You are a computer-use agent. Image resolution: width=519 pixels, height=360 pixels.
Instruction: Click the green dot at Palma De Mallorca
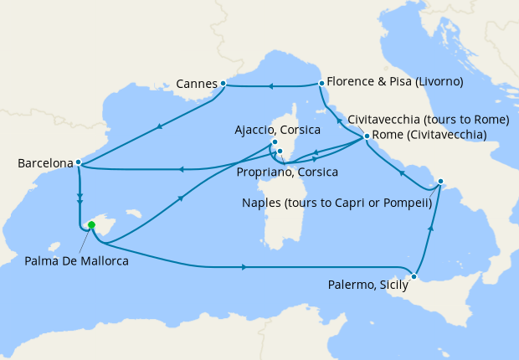[x=91, y=224]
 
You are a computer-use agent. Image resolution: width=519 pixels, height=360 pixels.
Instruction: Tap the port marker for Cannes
[x=223, y=84]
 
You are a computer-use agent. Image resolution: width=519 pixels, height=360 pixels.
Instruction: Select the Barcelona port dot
[x=78, y=162]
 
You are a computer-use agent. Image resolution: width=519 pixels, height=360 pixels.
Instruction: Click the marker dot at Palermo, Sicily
[x=414, y=276]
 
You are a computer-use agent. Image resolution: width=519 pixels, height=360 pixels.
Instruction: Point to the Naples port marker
[x=442, y=181]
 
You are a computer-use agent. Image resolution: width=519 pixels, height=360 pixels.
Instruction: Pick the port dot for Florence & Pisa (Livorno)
[x=321, y=83]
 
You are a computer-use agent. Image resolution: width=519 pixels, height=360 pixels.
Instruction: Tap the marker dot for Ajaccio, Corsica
[x=275, y=142]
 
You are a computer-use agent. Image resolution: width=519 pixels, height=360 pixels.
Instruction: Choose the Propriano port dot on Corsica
[x=280, y=152]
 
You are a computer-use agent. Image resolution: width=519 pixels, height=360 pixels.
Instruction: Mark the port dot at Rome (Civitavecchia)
[x=367, y=136]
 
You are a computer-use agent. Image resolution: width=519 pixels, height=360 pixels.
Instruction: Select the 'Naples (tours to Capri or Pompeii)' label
[x=336, y=203]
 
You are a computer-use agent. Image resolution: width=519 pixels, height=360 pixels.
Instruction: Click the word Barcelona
[x=44, y=164]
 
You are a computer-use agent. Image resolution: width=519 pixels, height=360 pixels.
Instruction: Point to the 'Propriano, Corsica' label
[x=288, y=172]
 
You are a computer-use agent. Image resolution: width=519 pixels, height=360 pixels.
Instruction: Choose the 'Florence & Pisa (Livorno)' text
[x=395, y=83]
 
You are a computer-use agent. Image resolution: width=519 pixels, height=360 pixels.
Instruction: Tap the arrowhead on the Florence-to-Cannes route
[x=270, y=85]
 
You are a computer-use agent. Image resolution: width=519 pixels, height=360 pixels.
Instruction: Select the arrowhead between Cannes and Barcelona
[x=158, y=126]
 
